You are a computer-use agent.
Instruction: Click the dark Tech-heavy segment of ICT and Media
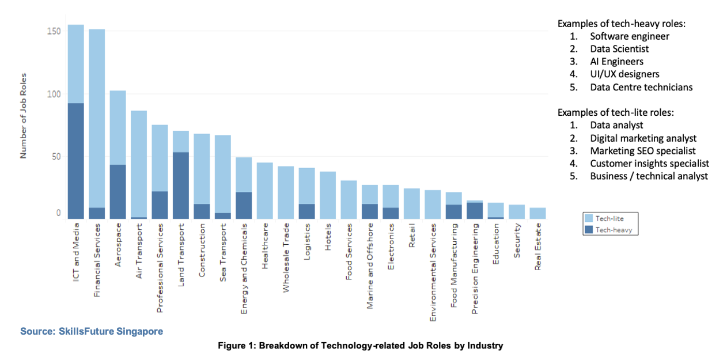point(75,161)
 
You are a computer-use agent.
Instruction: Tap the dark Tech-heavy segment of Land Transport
point(180,185)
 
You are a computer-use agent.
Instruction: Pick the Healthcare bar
point(264,191)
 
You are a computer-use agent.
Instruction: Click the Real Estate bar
point(537,213)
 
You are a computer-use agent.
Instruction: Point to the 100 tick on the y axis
point(54,93)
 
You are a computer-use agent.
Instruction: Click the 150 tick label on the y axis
point(54,31)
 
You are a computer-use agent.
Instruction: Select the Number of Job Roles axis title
point(24,115)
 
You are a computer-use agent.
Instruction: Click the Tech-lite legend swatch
point(589,218)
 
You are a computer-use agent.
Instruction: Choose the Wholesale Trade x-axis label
point(286,258)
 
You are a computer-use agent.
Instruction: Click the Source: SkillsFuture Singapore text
point(92,331)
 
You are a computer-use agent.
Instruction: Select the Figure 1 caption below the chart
point(360,346)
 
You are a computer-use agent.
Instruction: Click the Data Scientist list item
point(619,49)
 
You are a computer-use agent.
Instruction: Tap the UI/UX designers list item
point(624,74)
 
